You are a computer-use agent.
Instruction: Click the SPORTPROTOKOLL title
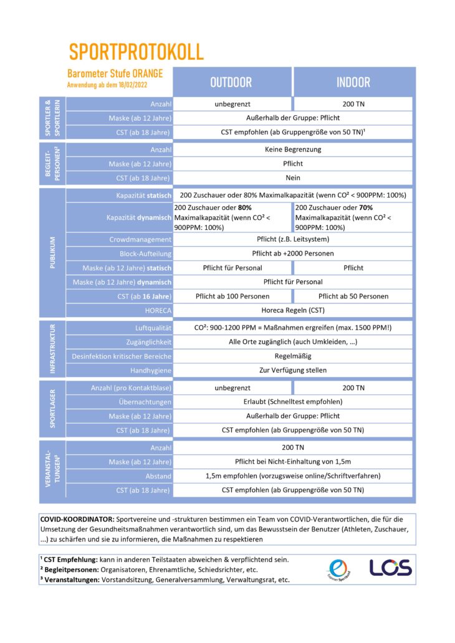[x=136, y=51]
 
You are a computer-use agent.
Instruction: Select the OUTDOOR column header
[x=231, y=82]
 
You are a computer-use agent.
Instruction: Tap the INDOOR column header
[x=353, y=82]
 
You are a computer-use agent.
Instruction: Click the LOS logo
[x=390, y=568]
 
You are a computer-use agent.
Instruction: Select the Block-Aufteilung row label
[x=145, y=254]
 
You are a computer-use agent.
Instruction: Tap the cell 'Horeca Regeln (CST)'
[x=292, y=310]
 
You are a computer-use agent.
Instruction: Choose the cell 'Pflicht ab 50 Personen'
[x=353, y=296]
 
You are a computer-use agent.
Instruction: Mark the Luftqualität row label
[x=153, y=328]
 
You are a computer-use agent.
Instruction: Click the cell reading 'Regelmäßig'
[x=292, y=356]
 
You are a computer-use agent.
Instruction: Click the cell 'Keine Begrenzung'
[x=292, y=150]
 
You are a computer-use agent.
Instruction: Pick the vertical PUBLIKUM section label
[x=53, y=253]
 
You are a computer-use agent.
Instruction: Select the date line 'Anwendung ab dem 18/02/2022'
[x=108, y=84]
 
